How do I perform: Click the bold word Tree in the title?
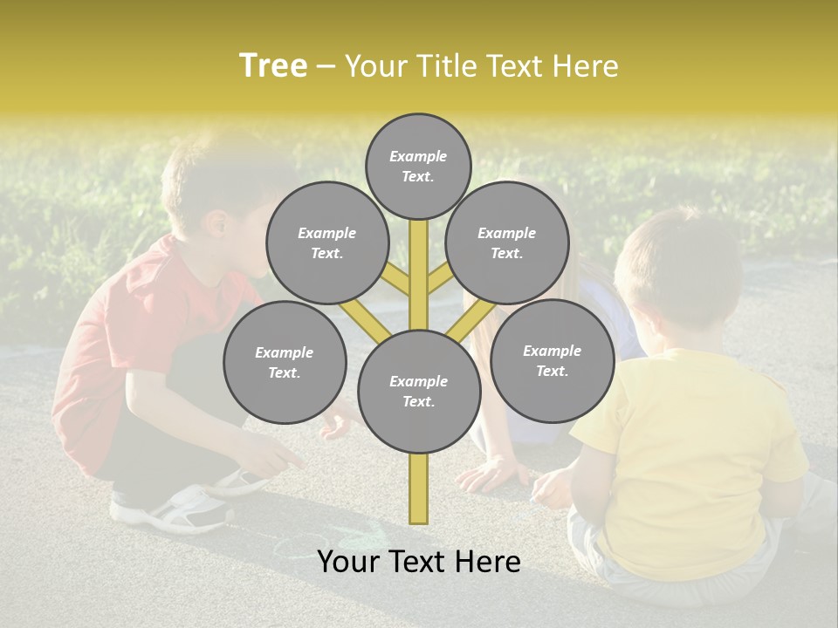[x=272, y=65]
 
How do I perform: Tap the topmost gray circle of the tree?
[x=418, y=166]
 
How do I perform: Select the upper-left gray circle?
[x=326, y=242]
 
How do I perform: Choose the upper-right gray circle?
[x=507, y=242]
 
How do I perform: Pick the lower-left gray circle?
[x=285, y=363]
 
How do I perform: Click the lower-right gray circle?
[x=552, y=360]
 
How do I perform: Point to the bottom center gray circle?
[x=419, y=392]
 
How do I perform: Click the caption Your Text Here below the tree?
[x=418, y=562]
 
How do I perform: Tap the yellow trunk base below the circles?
[x=419, y=488]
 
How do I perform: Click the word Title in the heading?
[x=445, y=66]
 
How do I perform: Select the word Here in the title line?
[x=587, y=66]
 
